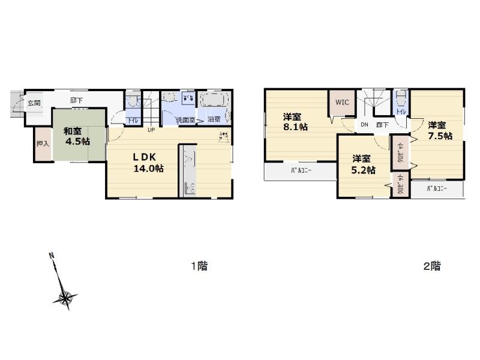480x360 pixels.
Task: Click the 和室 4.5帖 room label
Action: [78, 136]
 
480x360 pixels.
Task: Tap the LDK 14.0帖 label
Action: [148, 163]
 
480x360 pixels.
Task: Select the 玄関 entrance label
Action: [34, 103]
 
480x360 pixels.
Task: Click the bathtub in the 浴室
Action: [214, 101]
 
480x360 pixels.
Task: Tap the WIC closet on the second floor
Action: [341, 102]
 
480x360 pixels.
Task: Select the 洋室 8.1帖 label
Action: [296, 122]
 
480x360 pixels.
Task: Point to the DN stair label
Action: [364, 125]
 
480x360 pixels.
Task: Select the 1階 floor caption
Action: [199, 266]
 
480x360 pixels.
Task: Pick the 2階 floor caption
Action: [432, 266]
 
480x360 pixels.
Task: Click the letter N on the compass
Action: [52, 256]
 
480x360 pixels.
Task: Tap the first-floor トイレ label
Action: [134, 120]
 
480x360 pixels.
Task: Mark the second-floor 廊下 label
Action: [382, 125]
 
